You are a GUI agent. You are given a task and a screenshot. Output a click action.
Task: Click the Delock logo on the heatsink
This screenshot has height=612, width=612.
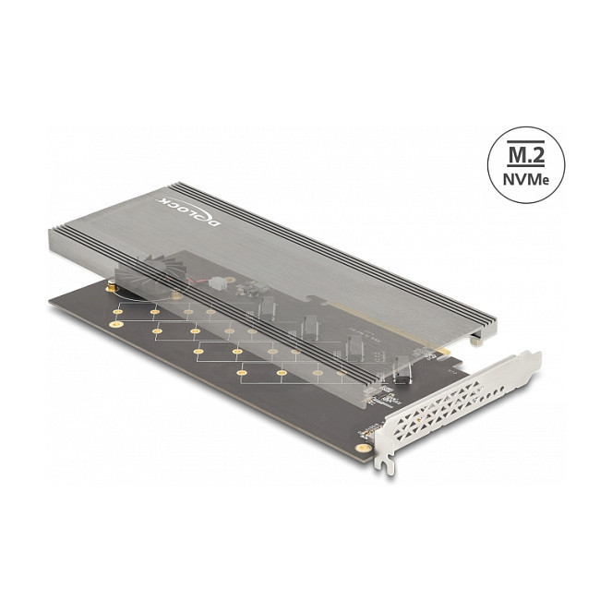(x=189, y=211)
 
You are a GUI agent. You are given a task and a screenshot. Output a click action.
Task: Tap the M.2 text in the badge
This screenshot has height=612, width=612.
(x=526, y=155)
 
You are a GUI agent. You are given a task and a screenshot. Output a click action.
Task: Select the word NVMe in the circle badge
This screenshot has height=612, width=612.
(x=526, y=179)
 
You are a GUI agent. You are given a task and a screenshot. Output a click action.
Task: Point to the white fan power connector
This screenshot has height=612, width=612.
(x=216, y=282)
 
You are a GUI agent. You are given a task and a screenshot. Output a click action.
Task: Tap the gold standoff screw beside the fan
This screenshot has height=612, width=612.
(x=110, y=288)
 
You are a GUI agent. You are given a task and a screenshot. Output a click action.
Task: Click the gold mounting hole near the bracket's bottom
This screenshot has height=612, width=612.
(x=365, y=448)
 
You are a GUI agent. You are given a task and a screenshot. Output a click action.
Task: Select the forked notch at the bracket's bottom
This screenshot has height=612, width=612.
(x=387, y=465)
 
